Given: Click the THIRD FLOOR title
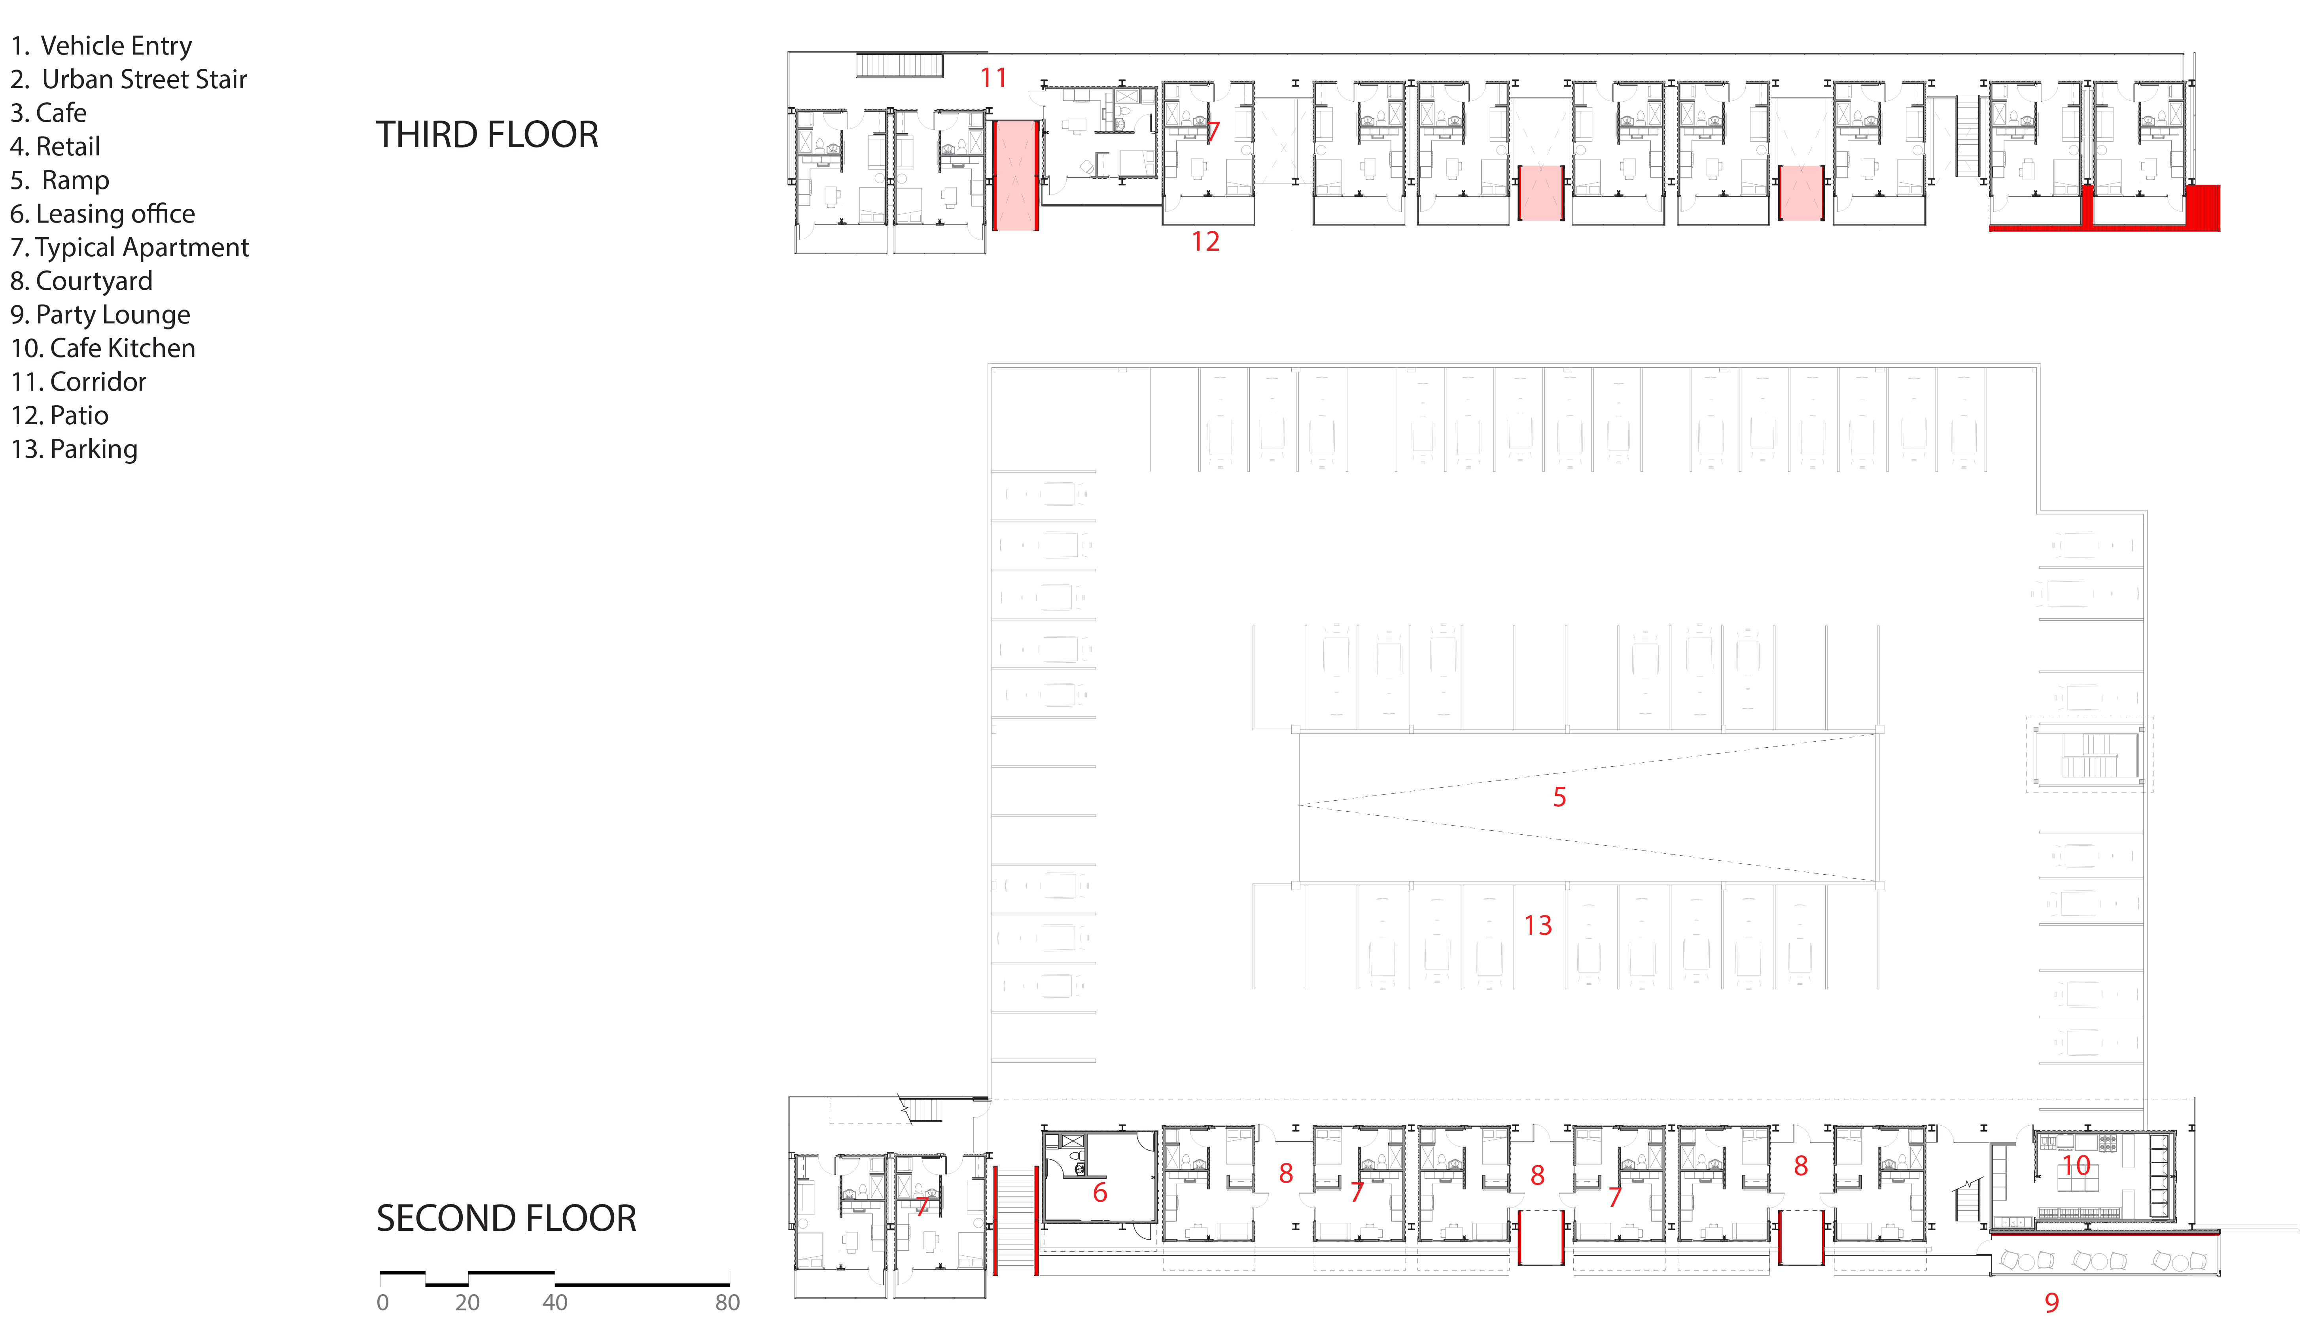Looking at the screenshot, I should pos(487,135).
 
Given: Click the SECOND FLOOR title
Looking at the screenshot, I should pos(506,1219).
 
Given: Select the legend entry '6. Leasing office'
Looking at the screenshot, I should pos(103,214).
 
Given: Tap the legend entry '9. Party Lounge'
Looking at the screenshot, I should pos(100,315).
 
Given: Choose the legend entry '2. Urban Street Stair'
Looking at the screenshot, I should pos(129,79).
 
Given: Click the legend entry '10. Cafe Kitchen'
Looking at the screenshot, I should pos(103,348).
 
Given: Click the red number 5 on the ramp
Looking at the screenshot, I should pos(1559,797).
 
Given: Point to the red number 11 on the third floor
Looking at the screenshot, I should pos(993,78).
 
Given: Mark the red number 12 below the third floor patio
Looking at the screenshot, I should pos(1205,242).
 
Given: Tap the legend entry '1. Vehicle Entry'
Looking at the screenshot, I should pos(101,45).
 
